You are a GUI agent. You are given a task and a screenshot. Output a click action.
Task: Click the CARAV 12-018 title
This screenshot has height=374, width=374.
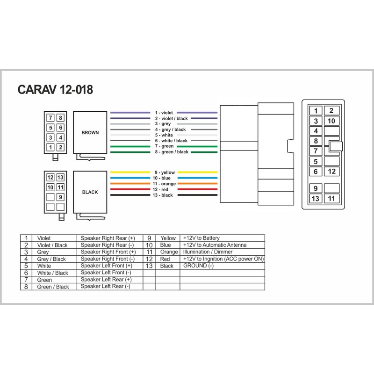coord(55,89)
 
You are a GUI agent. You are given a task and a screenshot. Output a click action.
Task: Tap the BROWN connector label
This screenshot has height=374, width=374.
coord(90,132)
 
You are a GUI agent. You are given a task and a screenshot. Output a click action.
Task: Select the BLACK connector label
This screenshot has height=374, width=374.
coord(90,192)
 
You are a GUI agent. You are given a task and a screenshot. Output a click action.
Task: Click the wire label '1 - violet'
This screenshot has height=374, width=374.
coord(164,113)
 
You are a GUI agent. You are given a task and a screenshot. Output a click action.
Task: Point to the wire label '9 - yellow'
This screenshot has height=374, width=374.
coord(164,173)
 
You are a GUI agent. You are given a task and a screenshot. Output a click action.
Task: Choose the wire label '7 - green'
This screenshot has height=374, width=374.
coord(164,146)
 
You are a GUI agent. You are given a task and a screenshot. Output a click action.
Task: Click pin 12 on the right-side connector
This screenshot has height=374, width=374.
coord(331,172)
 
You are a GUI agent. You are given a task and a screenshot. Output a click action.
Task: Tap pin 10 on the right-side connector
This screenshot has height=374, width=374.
coord(331,121)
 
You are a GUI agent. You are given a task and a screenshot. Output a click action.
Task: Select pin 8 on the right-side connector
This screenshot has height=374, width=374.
coord(316,141)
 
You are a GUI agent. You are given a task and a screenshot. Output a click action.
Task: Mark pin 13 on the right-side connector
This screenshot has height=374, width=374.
coord(316,199)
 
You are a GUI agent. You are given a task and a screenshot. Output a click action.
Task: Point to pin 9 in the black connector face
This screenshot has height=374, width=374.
coord(60,197)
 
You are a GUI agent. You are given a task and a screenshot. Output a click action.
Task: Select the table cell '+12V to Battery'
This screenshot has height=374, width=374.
coord(201,238)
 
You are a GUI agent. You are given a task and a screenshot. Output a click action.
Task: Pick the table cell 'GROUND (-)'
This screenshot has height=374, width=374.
coord(198,266)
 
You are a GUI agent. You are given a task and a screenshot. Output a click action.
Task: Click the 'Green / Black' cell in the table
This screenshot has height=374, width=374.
coord(53,287)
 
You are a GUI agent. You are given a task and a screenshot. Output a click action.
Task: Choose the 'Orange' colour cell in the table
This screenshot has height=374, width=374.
coord(168,252)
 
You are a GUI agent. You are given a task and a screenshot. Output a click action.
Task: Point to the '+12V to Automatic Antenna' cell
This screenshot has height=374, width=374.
coord(215,245)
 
